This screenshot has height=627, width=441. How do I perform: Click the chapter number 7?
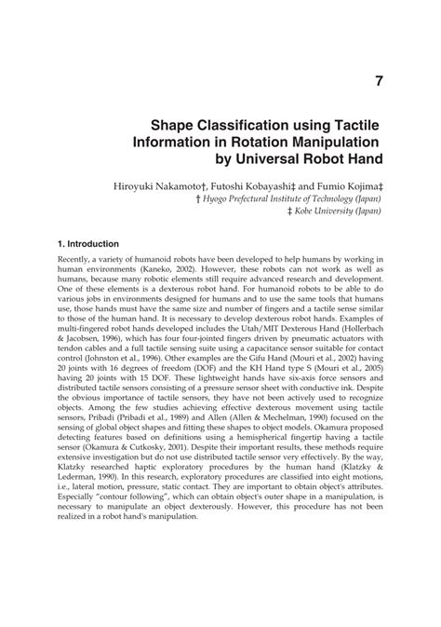(x=380, y=81)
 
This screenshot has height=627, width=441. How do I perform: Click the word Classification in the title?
(x=245, y=126)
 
